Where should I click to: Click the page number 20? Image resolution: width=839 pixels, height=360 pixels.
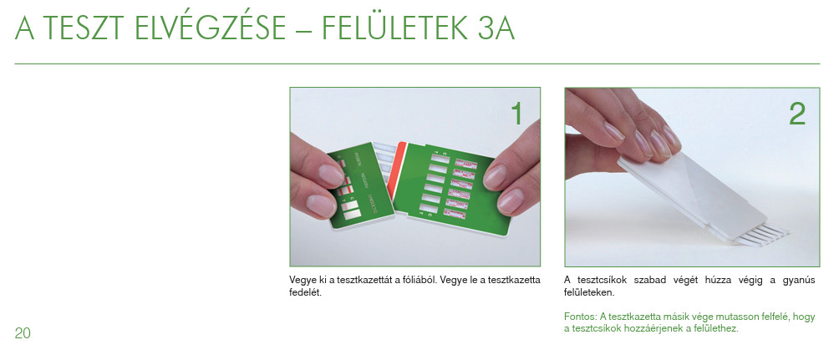point(23,333)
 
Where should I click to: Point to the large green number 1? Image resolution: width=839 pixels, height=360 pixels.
point(516,114)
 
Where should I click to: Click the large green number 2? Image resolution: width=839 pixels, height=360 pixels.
point(797,114)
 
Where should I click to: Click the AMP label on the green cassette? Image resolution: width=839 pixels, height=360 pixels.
point(465,164)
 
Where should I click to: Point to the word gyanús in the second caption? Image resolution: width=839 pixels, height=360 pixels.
point(800,281)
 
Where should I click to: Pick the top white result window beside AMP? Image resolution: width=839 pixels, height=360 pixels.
point(441,159)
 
